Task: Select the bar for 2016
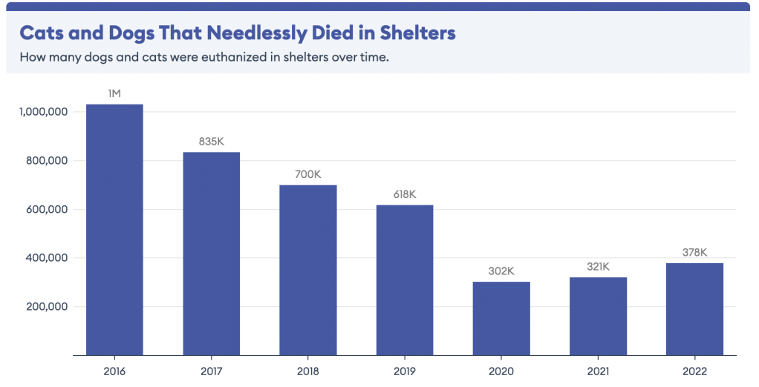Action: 114,230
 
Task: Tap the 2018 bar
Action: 308,270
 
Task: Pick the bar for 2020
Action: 501,319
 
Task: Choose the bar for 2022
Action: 694,309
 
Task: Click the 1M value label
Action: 114,93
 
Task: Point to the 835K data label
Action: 212,141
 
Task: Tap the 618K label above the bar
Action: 405,194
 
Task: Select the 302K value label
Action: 501,271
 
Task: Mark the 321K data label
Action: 598,266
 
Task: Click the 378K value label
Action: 694,252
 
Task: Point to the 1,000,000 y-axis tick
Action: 43,112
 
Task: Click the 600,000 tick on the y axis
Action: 47,210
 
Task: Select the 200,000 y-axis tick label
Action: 47,307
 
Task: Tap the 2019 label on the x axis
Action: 405,371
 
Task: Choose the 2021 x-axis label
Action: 598,371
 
